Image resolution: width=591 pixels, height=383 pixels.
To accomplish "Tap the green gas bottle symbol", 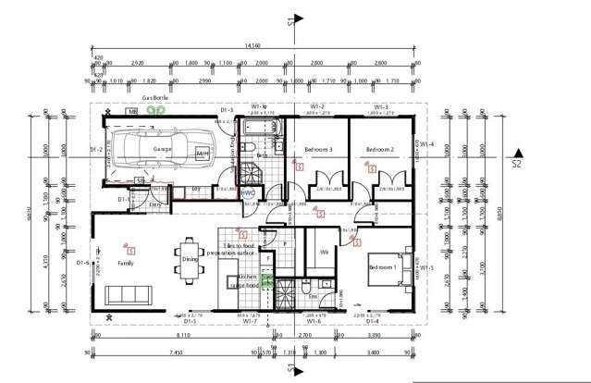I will tap(159, 108).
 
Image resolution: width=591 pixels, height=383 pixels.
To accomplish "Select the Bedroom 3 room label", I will tap(317, 149).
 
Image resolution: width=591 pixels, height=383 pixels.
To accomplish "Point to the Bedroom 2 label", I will tap(379, 149).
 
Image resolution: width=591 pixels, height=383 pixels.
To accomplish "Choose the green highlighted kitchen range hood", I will tap(267, 280).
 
